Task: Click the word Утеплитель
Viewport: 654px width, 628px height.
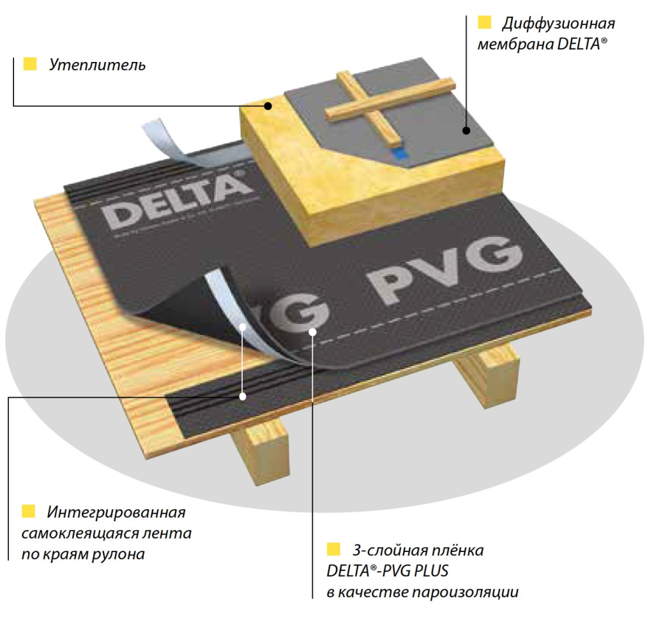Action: click(x=97, y=65)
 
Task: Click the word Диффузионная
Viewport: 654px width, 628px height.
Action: click(x=558, y=24)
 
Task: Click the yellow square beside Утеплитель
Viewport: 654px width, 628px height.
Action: click(x=29, y=63)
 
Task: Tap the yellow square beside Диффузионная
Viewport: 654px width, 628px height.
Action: click(x=484, y=24)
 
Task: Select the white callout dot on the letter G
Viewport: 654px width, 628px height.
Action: click(x=312, y=331)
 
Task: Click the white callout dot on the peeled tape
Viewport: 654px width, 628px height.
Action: click(x=245, y=328)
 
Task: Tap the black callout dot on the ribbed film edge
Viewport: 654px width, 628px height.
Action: click(x=244, y=396)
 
